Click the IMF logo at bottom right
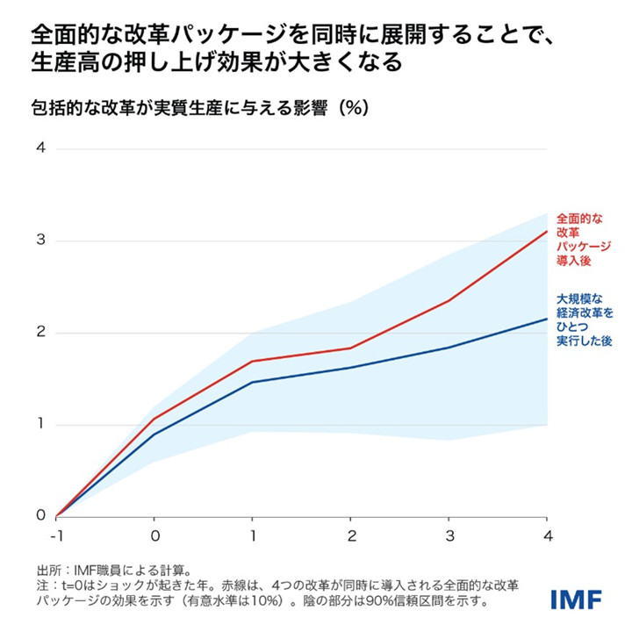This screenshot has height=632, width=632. pyautogui.click(x=576, y=599)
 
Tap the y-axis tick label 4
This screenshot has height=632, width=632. pyautogui.click(x=40, y=148)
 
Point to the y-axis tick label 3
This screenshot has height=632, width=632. pyautogui.click(x=40, y=241)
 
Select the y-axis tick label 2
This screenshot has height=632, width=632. pyautogui.click(x=40, y=333)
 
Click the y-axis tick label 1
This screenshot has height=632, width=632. pyautogui.click(x=40, y=425)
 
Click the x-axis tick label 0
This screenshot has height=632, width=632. pyautogui.click(x=154, y=535)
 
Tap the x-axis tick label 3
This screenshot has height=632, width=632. pyautogui.click(x=449, y=535)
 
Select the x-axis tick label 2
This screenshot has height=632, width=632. pyautogui.click(x=351, y=535)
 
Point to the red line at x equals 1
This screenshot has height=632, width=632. pyautogui.click(x=253, y=361)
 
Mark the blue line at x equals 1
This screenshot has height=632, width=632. pyautogui.click(x=253, y=382)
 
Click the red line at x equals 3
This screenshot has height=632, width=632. pyautogui.click(x=449, y=300)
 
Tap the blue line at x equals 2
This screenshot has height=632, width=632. pyautogui.click(x=351, y=367)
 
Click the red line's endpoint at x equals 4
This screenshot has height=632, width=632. pyautogui.click(x=547, y=232)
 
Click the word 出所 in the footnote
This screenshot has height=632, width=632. pyautogui.click(x=47, y=569)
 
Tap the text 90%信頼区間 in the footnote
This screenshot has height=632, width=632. pyautogui.click(x=411, y=603)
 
